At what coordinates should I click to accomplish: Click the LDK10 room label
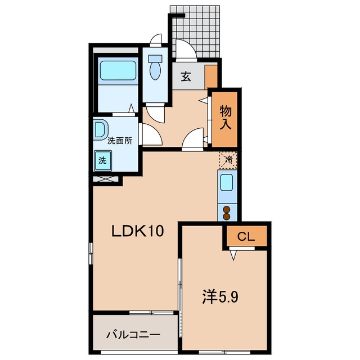coord(137,231)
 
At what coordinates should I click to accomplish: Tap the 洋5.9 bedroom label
coord(220,297)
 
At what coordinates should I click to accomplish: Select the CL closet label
coord(246,236)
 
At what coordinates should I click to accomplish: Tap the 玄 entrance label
coord(186,76)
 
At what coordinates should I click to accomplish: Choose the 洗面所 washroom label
coord(120,141)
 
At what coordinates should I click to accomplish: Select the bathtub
coord(118,70)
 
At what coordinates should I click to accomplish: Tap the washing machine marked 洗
coord(103,160)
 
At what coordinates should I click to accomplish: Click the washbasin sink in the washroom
coord(101,129)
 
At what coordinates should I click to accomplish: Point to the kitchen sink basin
coord(227,182)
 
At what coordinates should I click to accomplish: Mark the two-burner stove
coord(227,213)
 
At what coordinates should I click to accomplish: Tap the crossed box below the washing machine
coord(106,179)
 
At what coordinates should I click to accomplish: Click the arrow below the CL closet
coord(233,255)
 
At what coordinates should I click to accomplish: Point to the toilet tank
coord(155,58)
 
